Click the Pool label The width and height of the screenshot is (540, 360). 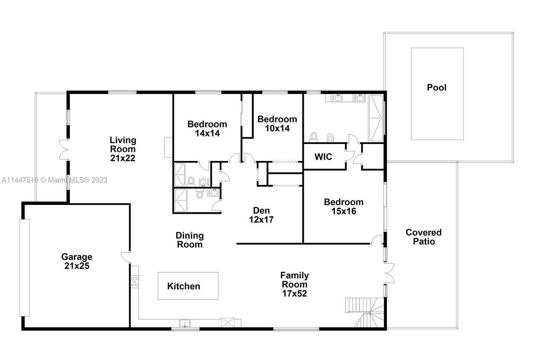(x=436, y=87)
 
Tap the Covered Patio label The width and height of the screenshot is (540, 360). (x=424, y=237)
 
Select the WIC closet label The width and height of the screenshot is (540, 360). (x=323, y=157)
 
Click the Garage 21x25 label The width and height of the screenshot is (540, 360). (x=77, y=261)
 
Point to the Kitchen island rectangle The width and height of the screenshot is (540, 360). (x=188, y=286)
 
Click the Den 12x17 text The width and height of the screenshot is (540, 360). (x=261, y=215)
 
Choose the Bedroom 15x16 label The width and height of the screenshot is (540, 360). (x=343, y=206)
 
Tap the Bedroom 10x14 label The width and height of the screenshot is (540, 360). (x=277, y=123)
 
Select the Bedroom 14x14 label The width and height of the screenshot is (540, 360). (x=207, y=129)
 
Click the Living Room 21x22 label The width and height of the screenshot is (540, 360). (x=123, y=149)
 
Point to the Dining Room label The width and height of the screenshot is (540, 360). (x=189, y=240)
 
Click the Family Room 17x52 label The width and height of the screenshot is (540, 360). (x=294, y=284)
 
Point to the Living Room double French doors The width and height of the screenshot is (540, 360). (x=64, y=149)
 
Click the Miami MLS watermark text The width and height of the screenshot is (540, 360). (x=54, y=180)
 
